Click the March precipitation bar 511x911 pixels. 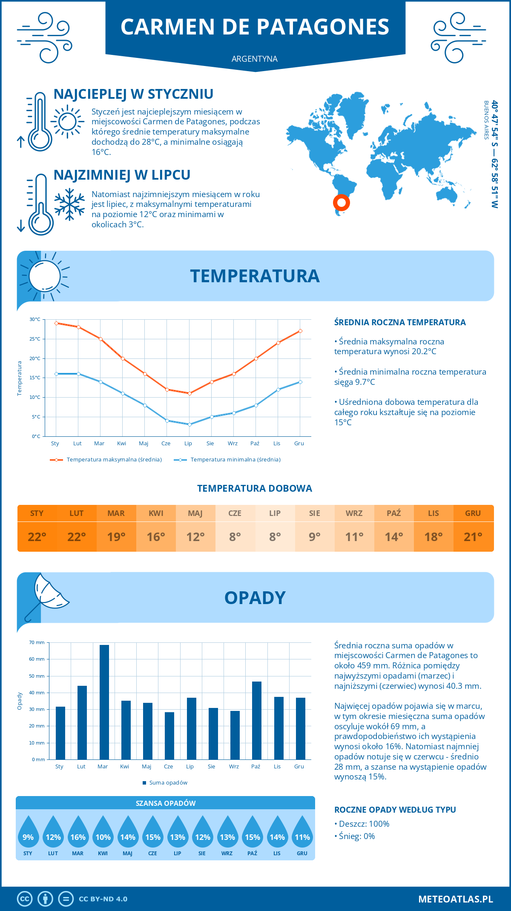point(104,702)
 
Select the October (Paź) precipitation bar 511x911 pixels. point(256,720)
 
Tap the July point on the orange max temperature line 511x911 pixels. point(189,393)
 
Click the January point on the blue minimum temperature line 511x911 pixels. point(56,374)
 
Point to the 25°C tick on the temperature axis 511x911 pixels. point(35,339)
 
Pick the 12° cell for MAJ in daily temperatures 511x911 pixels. point(195,537)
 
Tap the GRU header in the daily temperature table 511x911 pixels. point(473,513)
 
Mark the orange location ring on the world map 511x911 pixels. point(341,203)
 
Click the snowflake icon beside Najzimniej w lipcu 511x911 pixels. point(69,204)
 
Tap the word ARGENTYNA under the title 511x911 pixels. point(255,59)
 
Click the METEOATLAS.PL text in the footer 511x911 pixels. point(455,899)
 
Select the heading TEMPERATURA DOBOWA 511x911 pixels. point(255,488)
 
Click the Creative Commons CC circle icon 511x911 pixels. point(25,899)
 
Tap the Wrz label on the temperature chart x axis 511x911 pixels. point(233,444)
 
